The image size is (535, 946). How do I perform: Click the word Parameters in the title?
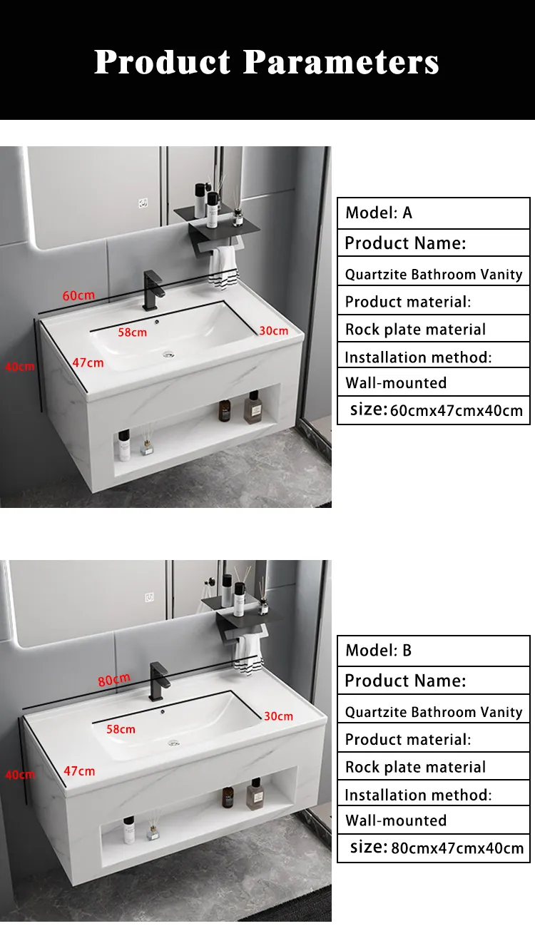pos(341,62)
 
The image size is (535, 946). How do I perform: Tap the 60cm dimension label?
pos(78,295)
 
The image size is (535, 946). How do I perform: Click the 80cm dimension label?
pos(114,680)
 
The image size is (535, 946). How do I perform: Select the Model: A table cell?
pos(434,213)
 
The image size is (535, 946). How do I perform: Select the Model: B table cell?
pos(434,651)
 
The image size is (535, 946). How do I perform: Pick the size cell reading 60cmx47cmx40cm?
pos(434,410)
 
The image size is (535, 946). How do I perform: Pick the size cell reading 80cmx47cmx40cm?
pos(434,848)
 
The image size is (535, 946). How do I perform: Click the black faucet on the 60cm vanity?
pos(152,290)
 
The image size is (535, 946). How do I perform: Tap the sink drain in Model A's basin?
pos(169,355)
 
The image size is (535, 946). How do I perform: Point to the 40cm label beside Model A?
pos(19,366)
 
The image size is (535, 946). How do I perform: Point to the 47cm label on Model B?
pos(79,771)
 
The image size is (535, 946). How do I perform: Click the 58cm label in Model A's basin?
pos(132,332)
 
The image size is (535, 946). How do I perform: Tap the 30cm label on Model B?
pos(279,716)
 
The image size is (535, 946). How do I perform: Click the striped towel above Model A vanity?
pos(223,268)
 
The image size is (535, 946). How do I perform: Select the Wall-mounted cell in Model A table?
pos(434,382)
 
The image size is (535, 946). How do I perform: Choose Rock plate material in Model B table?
pos(434,766)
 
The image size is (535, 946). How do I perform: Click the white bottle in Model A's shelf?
pos(124,446)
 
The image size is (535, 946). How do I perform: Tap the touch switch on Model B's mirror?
pos(150,597)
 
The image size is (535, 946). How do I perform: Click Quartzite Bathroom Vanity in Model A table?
pos(434,275)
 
